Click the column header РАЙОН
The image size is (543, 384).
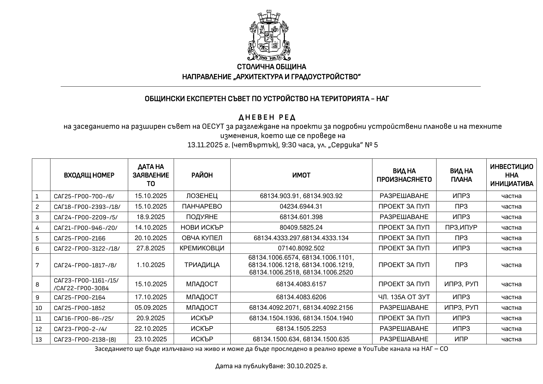pyautogui.click(x=202, y=175)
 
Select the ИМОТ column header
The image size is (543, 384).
pyautogui.click(x=301, y=175)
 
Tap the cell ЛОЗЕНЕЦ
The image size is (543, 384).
pyautogui.click(x=202, y=196)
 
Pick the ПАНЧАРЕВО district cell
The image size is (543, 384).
pyautogui.click(x=202, y=206)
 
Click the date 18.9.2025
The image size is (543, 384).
pyautogui.click(x=151, y=217)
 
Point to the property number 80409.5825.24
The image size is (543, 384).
pyautogui.click(x=301, y=227)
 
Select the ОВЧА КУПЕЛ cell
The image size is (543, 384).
pyautogui.click(x=202, y=238)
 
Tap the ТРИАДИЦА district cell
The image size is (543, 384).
pyautogui.click(x=202, y=265)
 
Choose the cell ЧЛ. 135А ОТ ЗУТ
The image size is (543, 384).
pyautogui.click(x=404, y=297)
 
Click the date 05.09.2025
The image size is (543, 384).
pyautogui.click(x=151, y=308)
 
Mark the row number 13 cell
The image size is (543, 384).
pyautogui.click(x=39, y=339)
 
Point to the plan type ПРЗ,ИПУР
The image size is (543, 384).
pyautogui.click(x=461, y=227)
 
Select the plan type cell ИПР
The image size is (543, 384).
pyautogui.click(x=461, y=339)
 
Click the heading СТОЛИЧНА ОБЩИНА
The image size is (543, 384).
pyautogui.click(x=271, y=67)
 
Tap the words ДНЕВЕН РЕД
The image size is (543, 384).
pyautogui.click(x=267, y=118)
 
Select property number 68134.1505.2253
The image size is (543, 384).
pyautogui.click(x=301, y=329)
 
